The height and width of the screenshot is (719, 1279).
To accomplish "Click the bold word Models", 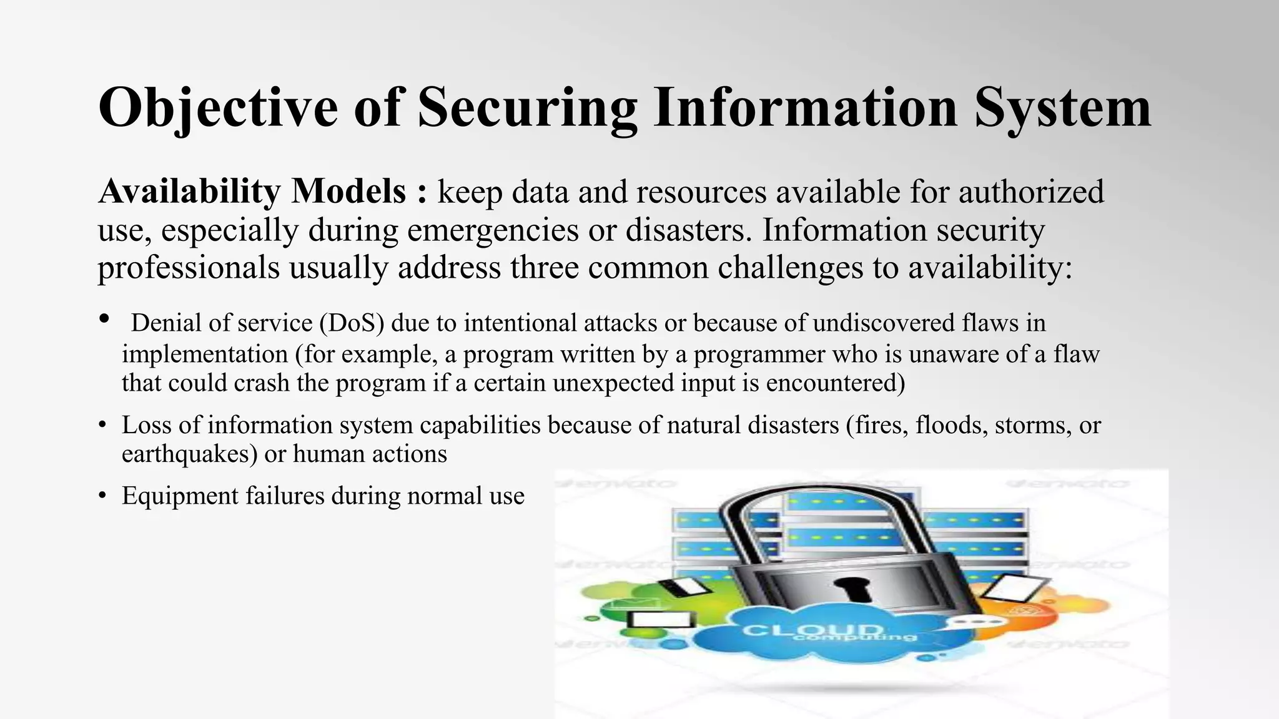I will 349,191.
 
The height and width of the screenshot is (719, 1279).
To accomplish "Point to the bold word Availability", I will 189,191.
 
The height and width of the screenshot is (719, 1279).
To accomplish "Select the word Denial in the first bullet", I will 166,323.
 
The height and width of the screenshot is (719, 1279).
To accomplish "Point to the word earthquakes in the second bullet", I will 189,454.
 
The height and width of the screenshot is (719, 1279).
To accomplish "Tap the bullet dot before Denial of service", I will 104,319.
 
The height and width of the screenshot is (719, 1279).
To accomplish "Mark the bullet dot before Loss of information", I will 102,426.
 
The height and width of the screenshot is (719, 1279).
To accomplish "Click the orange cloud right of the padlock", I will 1074,609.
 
